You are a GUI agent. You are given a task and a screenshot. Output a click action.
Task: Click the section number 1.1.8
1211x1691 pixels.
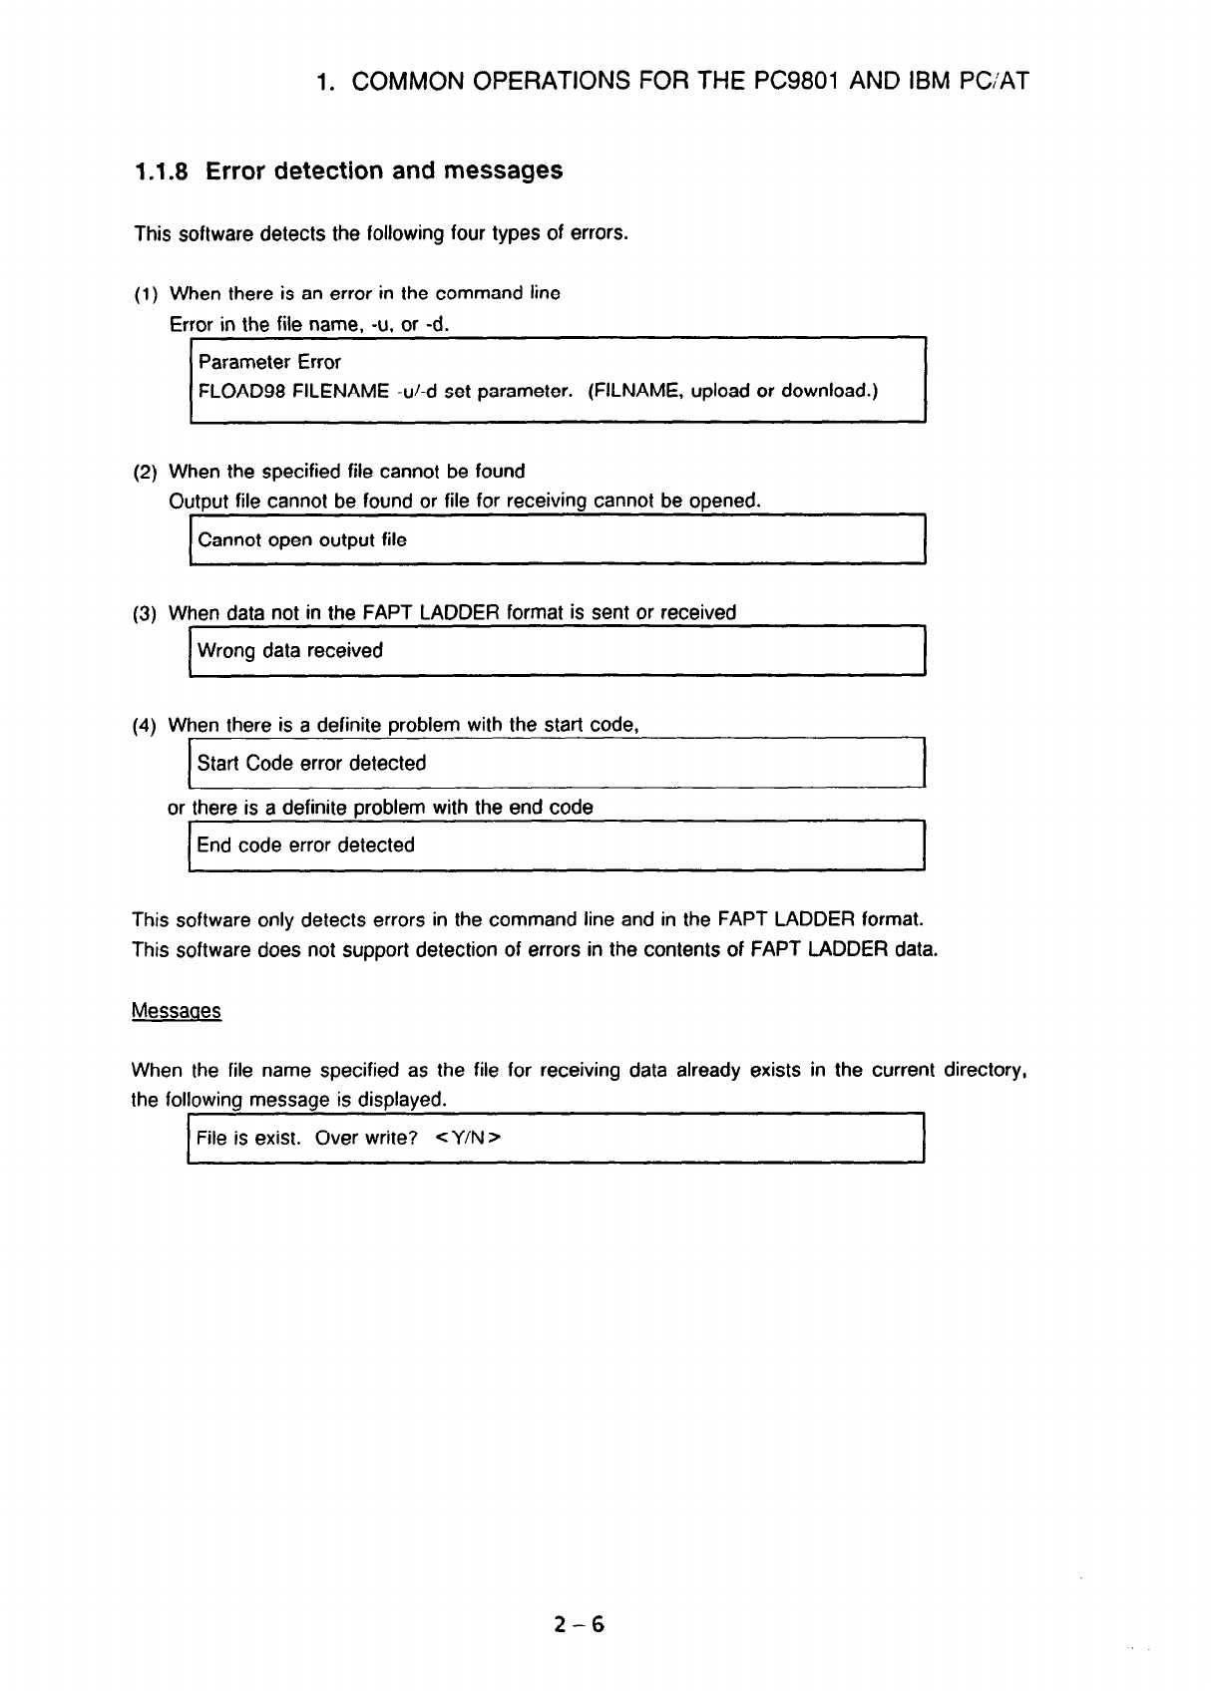165,171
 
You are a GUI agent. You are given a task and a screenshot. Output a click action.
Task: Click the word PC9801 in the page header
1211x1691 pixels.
791,81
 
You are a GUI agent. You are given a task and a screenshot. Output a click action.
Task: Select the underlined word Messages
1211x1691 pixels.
177,1011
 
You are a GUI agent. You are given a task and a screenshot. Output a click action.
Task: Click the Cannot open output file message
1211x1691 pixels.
302,540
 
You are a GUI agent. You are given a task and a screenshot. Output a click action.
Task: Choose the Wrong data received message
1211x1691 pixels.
290,651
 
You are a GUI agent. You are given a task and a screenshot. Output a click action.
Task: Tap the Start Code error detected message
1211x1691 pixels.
311,764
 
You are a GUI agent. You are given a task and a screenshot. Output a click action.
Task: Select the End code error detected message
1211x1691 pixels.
305,845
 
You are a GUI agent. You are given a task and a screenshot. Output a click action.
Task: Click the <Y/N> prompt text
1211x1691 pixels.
468,1138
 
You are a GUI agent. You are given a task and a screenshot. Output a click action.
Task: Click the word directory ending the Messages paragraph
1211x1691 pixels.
983,1071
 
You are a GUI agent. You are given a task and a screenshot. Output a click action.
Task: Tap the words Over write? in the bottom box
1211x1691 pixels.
366,1138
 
